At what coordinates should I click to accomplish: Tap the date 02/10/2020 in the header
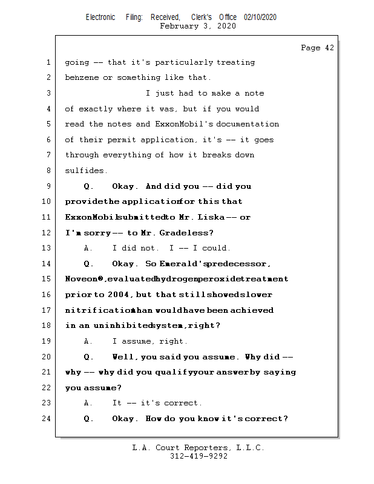[x=260, y=18]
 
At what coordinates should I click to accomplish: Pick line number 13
[x=48, y=248]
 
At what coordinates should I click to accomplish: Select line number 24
[x=48, y=419]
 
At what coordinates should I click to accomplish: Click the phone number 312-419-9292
[x=198, y=456]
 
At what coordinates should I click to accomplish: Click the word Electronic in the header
[x=100, y=18]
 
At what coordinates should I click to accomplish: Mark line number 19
[x=48, y=341]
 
